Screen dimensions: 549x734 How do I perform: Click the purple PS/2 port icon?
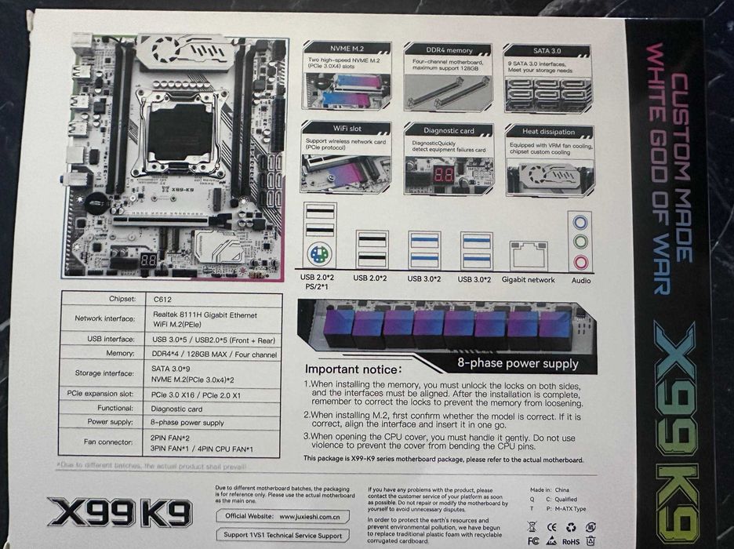[319, 256]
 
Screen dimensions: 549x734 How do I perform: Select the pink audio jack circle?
[580, 261]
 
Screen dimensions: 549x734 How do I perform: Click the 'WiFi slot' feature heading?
[346, 128]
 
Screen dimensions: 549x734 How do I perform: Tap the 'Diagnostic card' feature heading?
[449, 130]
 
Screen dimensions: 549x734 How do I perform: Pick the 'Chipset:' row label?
[121, 299]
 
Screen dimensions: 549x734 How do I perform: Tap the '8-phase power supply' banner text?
[518, 363]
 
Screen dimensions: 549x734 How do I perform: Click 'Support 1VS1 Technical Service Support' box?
[283, 535]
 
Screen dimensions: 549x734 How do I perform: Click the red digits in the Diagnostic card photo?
[443, 174]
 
